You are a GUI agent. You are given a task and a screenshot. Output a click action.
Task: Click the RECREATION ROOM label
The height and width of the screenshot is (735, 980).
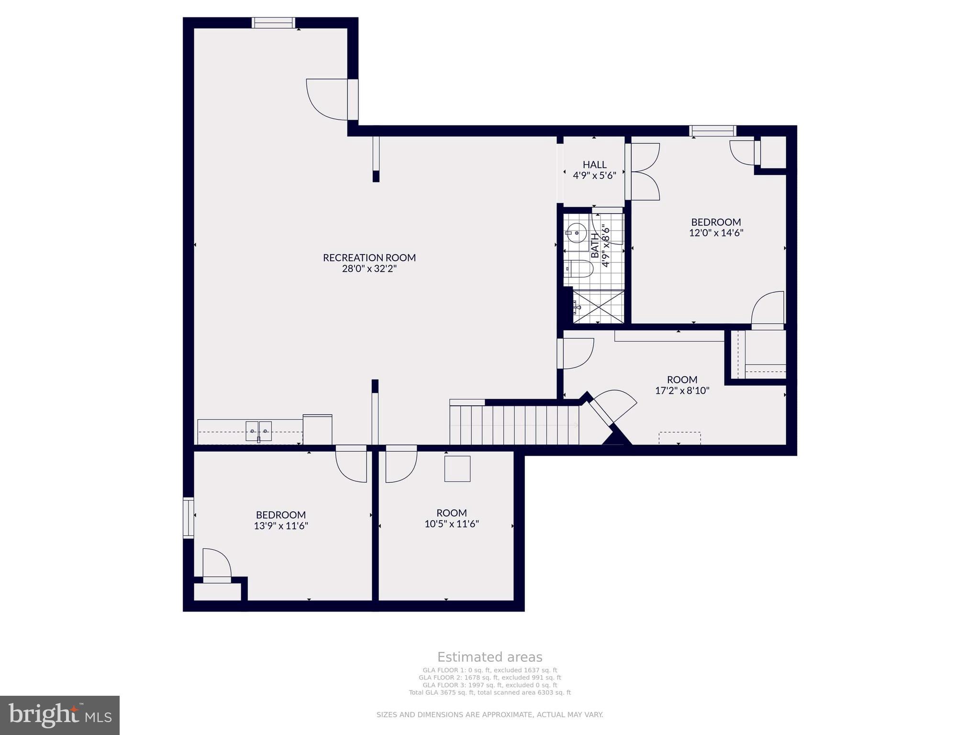tap(369, 257)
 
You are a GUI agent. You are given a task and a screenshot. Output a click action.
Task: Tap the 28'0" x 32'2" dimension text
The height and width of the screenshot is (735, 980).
tap(369, 268)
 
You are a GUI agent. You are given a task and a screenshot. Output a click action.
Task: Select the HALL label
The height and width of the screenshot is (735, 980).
tap(594, 165)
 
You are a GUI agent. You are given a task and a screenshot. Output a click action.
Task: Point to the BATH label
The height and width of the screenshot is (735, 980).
tap(595, 245)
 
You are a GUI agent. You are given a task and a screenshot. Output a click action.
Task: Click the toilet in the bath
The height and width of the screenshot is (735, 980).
tap(579, 268)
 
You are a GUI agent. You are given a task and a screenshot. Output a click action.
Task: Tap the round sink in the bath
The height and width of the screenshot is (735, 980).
tap(577, 234)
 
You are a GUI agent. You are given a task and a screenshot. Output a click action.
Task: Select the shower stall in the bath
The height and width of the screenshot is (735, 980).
tap(599, 306)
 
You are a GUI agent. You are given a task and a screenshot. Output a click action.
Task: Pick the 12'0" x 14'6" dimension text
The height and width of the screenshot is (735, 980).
tap(716, 233)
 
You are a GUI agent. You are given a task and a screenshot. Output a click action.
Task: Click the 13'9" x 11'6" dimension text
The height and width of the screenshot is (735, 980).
tap(281, 526)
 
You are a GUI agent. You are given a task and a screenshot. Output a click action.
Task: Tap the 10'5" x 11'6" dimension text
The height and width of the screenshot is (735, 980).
tap(452, 524)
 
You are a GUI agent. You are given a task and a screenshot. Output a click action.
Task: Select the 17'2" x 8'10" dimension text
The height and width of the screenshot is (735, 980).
tap(682, 390)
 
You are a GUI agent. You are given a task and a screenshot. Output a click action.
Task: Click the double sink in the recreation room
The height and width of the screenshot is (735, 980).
tap(258, 431)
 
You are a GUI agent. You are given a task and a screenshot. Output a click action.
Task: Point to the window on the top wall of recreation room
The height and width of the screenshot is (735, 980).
tap(273, 23)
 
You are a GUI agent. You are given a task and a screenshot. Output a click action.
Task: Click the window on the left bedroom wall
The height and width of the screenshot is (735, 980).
tap(189, 518)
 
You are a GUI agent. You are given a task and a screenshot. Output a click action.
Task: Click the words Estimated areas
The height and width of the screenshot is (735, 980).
tap(490, 657)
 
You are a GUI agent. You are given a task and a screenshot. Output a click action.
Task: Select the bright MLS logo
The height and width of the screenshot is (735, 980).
tap(60, 715)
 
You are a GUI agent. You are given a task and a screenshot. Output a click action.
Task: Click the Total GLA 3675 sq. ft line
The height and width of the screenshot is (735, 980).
tap(490, 692)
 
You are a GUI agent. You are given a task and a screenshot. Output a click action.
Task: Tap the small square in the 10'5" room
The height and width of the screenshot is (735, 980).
tap(457, 468)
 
